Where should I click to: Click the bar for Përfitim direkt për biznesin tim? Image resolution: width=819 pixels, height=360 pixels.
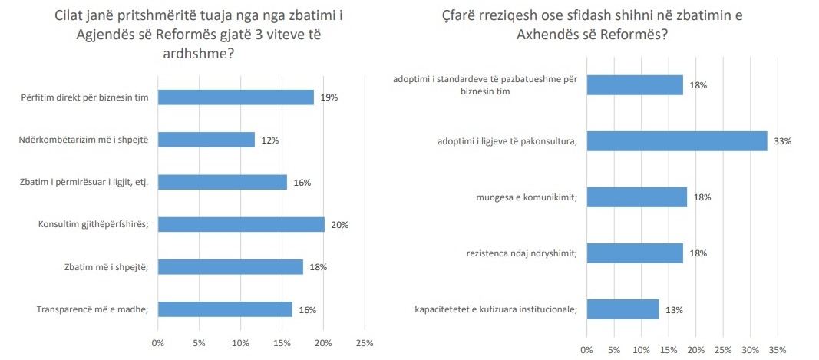click(x=236, y=97)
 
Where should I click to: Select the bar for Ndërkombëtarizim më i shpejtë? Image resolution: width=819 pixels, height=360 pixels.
click(x=206, y=139)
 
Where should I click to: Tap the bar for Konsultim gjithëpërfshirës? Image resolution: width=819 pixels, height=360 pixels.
click(x=241, y=224)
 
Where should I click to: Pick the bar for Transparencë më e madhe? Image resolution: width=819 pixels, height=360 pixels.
click(x=225, y=309)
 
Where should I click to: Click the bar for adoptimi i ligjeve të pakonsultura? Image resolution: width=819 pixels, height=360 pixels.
click(x=677, y=140)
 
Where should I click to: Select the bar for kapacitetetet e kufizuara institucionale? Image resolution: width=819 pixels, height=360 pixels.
click(x=623, y=309)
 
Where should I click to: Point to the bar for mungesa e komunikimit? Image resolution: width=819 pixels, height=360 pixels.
click(x=636, y=197)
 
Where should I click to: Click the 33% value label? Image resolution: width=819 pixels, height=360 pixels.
click(x=783, y=141)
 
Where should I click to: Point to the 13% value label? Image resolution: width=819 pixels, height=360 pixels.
click(x=675, y=310)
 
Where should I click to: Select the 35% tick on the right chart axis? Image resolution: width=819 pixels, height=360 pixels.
click(x=778, y=350)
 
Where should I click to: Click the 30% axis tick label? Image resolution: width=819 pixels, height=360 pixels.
click(x=750, y=350)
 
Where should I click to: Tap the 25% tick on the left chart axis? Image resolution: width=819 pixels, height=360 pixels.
click(x=365, y=343)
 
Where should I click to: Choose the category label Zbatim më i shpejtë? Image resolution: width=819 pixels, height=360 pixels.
click(x=106, y=267)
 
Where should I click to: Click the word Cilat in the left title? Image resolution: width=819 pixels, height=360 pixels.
click(x=77, y=15)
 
